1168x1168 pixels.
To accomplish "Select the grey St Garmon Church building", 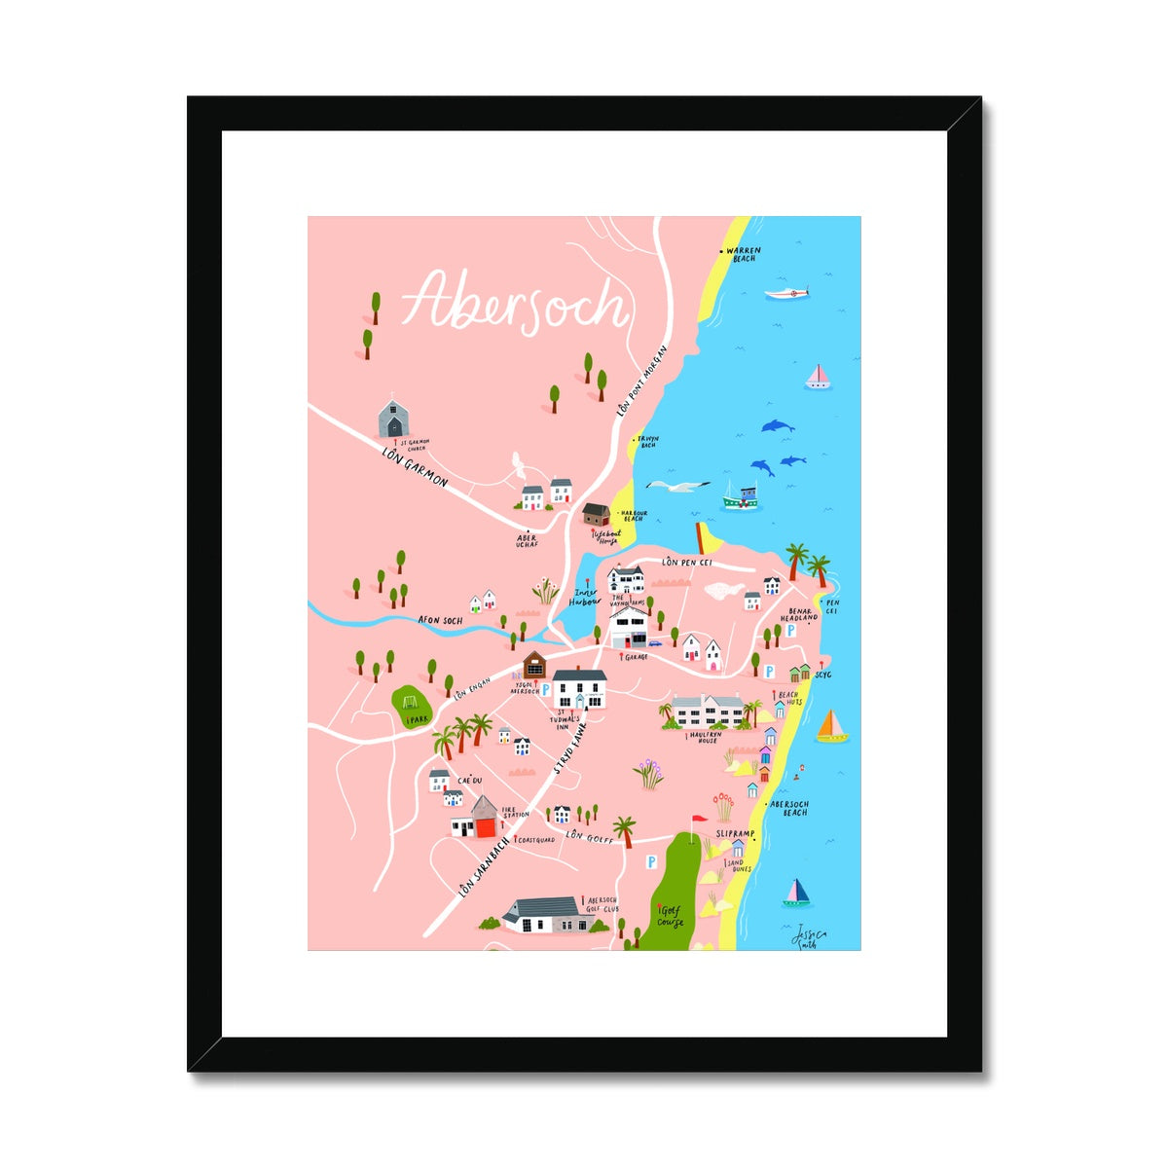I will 393,419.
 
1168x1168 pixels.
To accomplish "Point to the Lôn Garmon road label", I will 415,467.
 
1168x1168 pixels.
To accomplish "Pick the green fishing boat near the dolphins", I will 742,497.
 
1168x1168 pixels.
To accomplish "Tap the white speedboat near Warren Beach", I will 786,293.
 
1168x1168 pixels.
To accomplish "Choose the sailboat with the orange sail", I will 831,727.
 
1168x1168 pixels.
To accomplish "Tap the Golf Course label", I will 671,915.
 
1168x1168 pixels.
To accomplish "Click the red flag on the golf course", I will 695,821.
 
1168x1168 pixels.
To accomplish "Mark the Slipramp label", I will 736,834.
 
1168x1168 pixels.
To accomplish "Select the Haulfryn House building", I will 709,711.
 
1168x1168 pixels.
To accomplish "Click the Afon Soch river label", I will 440,619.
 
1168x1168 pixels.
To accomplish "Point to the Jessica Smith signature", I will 807,936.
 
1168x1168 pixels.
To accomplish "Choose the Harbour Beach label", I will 633,515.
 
